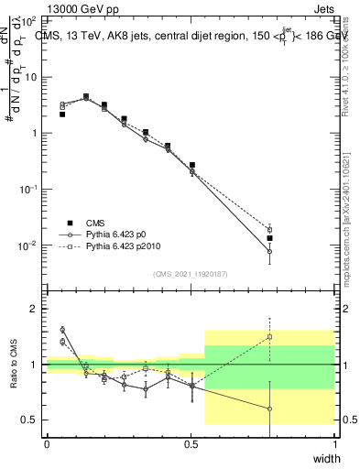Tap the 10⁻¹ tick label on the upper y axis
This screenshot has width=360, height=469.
click(27, 190)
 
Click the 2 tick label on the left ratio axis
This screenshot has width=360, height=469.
click(34, 309)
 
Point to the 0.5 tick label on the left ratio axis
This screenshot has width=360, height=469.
click(30, 420)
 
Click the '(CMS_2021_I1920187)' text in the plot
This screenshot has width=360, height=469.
click(190, 272)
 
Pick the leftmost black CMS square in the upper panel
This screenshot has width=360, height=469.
click(62, 115)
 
